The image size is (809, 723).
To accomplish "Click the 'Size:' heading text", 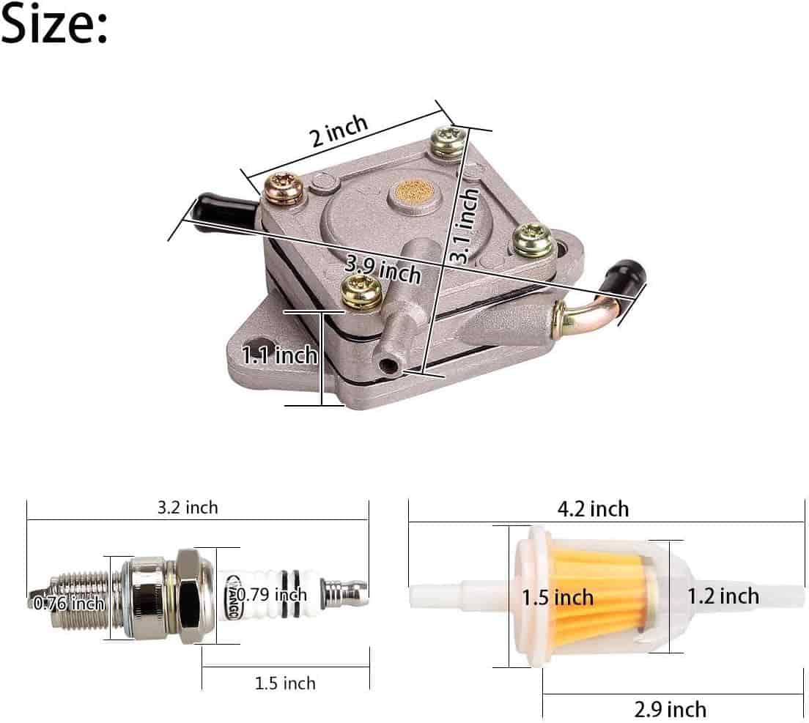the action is pos(53,24).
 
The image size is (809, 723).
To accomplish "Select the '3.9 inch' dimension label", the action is pos(383,270).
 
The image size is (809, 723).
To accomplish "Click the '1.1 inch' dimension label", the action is pos(279,355).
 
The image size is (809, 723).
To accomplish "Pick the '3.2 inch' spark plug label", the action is pos(188,508).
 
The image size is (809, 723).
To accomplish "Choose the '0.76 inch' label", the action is pos(69,603).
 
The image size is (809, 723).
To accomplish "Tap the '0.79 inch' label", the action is pos(272,595).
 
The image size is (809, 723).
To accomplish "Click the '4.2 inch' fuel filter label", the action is pos(594,509).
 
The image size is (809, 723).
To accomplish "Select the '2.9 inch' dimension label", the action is pos(671,710).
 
